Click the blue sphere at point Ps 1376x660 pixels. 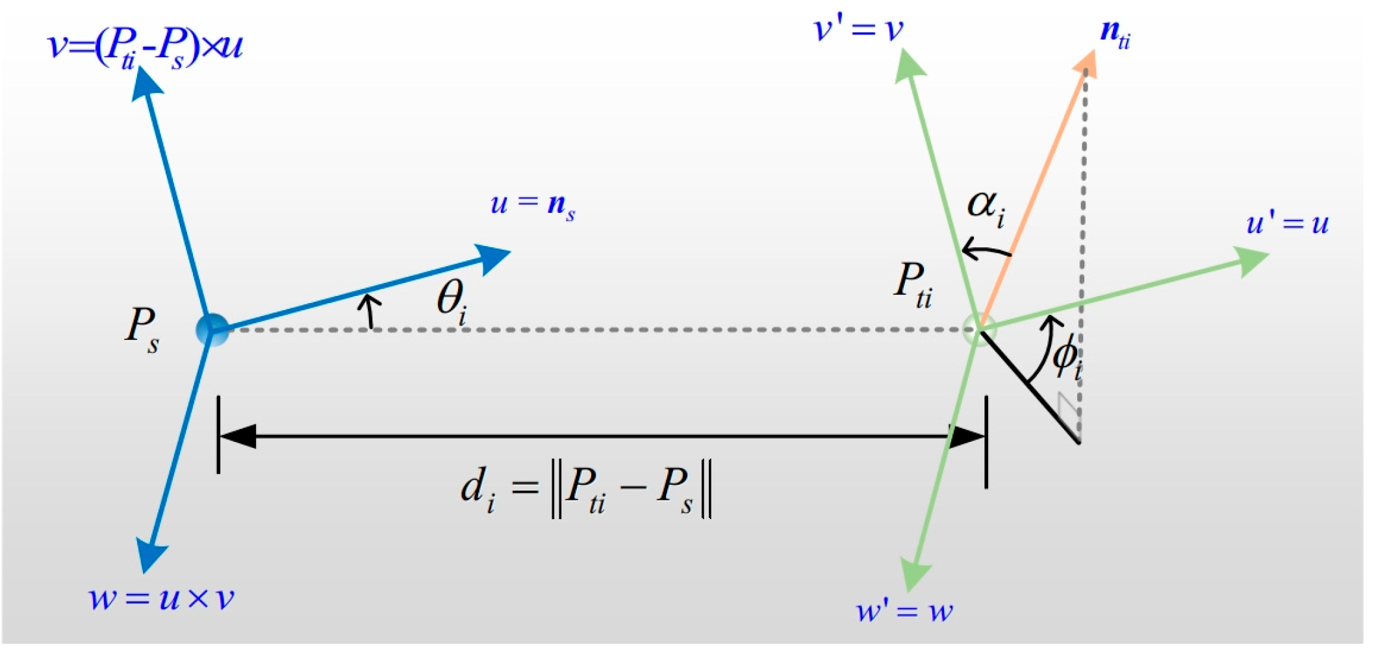[212, 330]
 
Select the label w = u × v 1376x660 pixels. [160, 598]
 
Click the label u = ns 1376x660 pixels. [532, 206]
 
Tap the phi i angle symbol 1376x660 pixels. [1065, 358]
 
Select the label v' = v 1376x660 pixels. [858, 30]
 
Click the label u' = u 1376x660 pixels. [1287, 224]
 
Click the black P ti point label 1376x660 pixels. [912, 284]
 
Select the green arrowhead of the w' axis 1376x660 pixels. [914, 574]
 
